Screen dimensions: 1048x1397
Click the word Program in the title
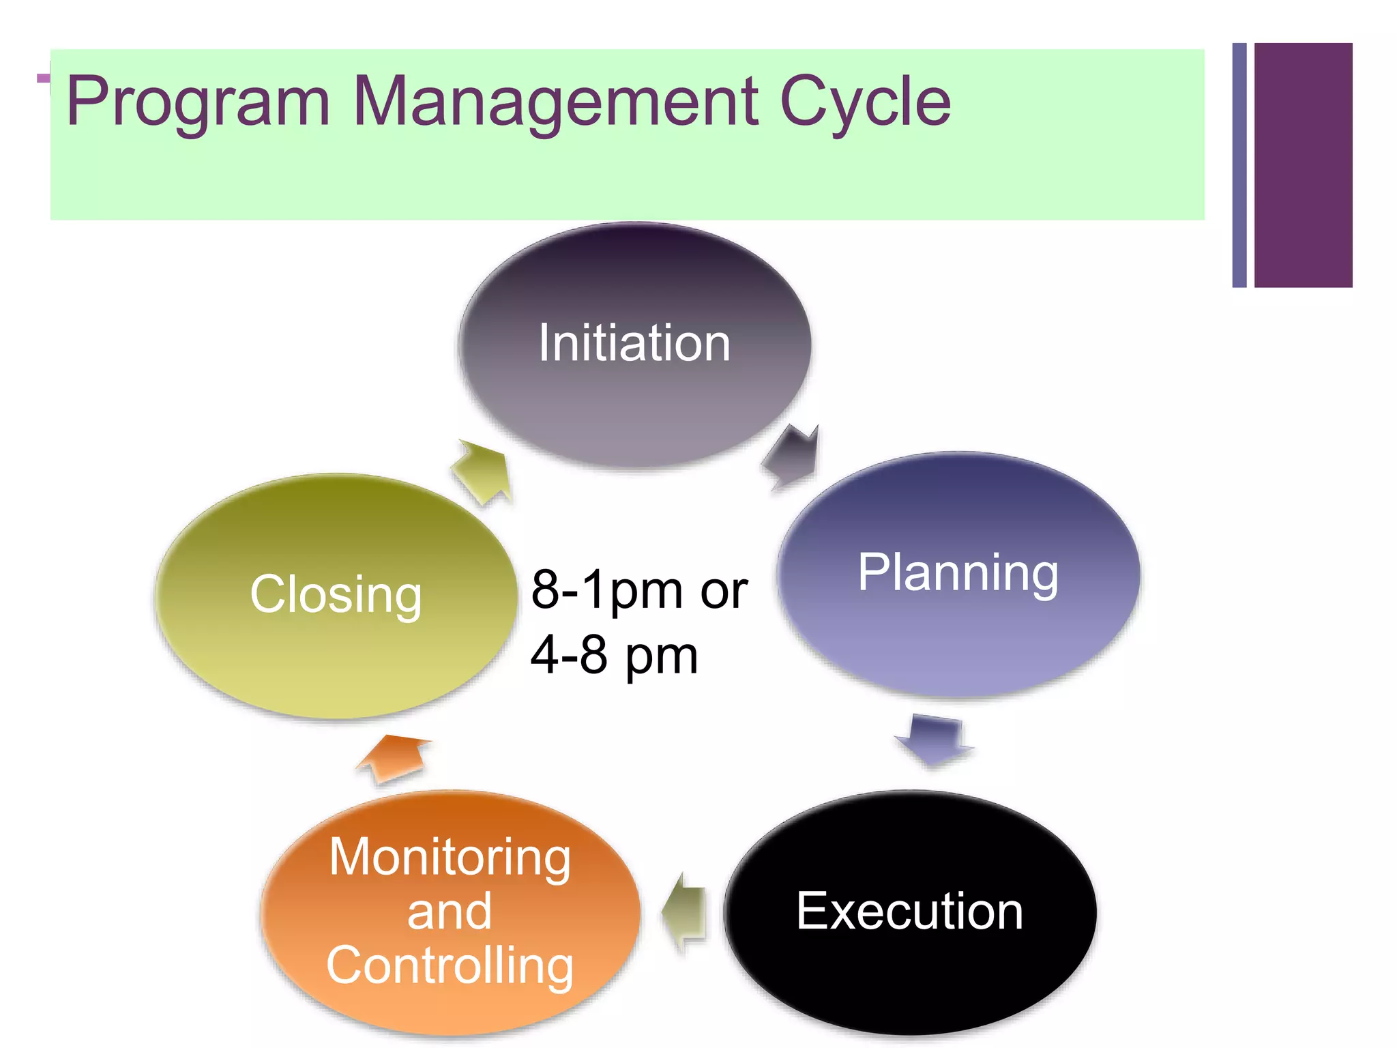198,102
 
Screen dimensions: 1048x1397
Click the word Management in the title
555,102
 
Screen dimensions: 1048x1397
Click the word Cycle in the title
864,102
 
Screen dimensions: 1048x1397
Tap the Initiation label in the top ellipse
634,343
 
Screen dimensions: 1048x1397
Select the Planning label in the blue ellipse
958,573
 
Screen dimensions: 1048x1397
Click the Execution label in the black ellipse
909,911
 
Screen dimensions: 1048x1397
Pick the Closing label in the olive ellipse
336,594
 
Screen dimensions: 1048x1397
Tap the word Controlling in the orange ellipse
450,965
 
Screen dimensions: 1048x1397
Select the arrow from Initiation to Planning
793,456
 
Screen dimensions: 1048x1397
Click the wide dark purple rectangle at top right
1303,165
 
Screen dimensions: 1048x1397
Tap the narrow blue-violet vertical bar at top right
1239,165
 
